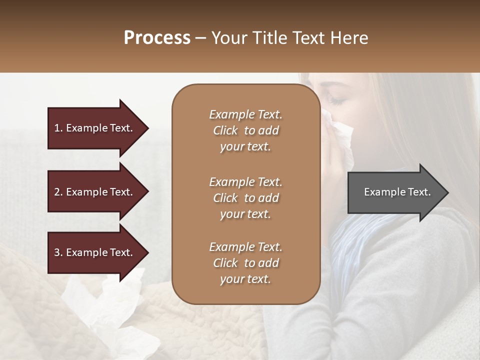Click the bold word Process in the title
coord(157,38)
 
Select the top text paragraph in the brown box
coord(245,130)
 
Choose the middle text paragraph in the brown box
coord(245,197)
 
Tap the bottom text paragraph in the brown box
coord(245,263)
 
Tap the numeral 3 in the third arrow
coord(56,252)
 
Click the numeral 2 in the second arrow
coord(56,192)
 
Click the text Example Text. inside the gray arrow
coord(397,192)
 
